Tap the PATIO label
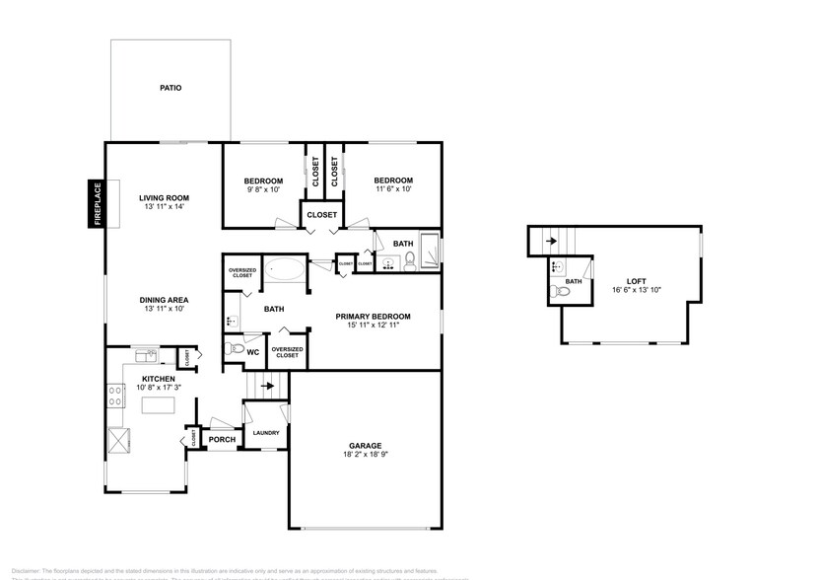pyautogui.click(x=171, y=88)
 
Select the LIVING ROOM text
pyautogui.click(x=164, y=197)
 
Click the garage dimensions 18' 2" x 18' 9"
pyautogui.click(x=365, y=455)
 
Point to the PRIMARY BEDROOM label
pyautogui.click(x=373, y=317)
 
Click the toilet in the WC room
pyautogui.click(x=234, y=348)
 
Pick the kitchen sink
pyautogui.click(x=145, y=356)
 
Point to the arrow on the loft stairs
pyautogui.click(x=551, y=238)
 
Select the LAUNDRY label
pyautogui.click(x=266, y=433)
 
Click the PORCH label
pyautogui.click(x=222, y=439)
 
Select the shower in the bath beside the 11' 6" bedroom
pyautogui.click(x=431, y=250)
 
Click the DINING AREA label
pyautogui.click(x=164, y=300)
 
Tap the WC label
pyautogui.click(x=253, y=351)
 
